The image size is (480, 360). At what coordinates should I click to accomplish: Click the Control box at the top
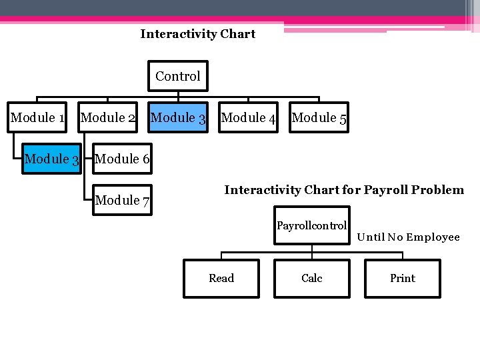[x=178, y=77]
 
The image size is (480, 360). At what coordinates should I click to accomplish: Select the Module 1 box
[x=37, y=118]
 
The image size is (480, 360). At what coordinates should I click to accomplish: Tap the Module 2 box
[x=108, y=118]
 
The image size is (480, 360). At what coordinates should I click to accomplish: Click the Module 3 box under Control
[x=178, y=118]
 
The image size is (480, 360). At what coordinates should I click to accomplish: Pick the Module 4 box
[x=248, y=118]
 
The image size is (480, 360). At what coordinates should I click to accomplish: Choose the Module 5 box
[x=319, y=118]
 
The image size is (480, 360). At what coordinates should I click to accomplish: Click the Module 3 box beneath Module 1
[x=51, y=159]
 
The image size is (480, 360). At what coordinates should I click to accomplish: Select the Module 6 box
[x=122, y=159]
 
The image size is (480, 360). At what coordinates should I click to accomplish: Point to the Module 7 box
[x=122, y=200]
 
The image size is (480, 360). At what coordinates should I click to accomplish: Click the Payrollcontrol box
[x=311, y=226]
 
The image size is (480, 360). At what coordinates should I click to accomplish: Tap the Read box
[x=221, y=278]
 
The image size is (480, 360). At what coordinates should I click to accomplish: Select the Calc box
[x=311, y=278]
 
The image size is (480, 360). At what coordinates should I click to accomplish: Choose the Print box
[x=403, y=278]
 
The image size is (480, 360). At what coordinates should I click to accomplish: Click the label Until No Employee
[x=408, y=237]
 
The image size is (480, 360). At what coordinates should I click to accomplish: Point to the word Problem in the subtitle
[x=438, y=190]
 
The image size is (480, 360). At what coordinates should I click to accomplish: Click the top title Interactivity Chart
[x=197, y=34]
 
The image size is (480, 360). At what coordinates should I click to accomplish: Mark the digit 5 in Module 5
[x=342, y=119]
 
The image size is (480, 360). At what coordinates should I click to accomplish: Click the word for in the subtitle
[x=351, y=190]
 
